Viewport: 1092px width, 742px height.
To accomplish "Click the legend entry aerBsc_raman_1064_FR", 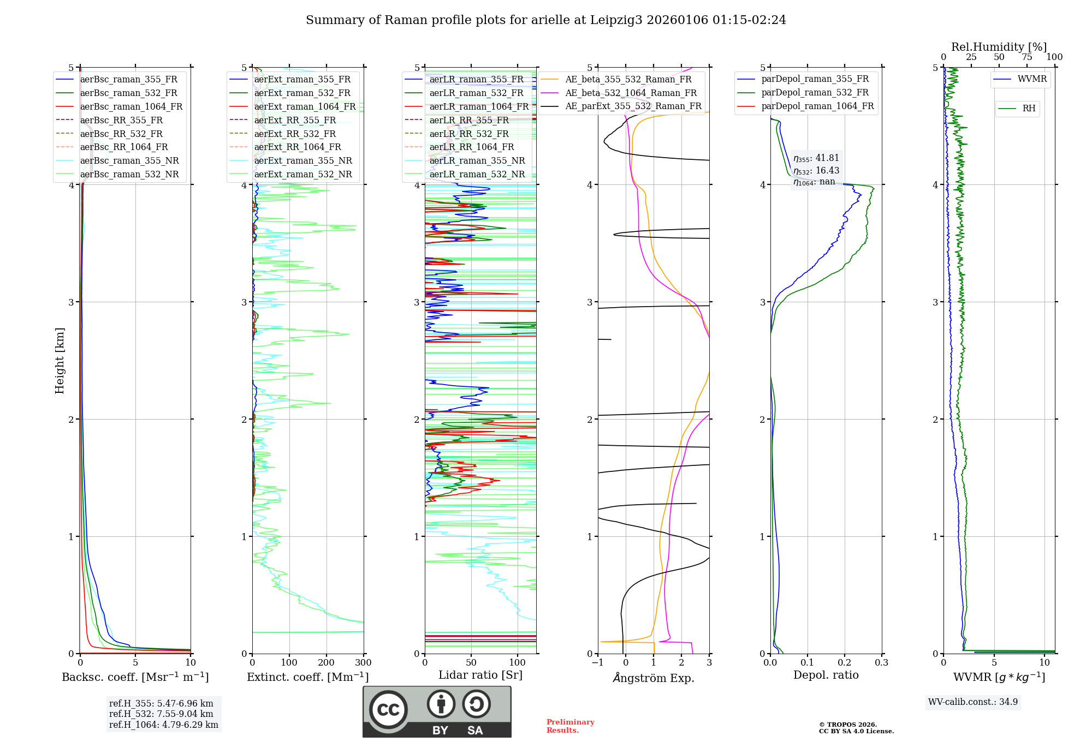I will pyautogui.click(x=131, y=106).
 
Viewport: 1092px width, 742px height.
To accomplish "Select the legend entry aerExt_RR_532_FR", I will pyautogui.click(x=295, y=134).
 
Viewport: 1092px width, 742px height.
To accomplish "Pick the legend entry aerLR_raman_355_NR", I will pyautogui.click(x=477, y=160).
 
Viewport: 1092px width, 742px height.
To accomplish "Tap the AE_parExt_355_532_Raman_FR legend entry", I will pyautogui.click(x=633, y=106).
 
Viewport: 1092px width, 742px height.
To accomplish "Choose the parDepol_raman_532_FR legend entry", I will pyautogui.click(x=815, y=93).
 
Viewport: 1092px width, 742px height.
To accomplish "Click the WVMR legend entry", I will pyautogui.click(x=1032, y=79).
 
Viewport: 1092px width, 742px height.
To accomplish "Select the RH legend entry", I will pyautogui.click(x=1029, y=109).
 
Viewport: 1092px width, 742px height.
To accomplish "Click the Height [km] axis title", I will pyautogui.click(x=60, y=361).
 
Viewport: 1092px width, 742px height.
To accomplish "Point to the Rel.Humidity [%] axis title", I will pyautogui.click(x=999, y=47).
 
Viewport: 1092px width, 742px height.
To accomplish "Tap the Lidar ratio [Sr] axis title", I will pyautogui.click(x=480, y=675).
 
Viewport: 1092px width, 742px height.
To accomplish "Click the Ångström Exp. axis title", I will pyautogui.click(x=654, y=678).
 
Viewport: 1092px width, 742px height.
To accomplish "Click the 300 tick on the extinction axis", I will pyautogui.click(x=364, y=663).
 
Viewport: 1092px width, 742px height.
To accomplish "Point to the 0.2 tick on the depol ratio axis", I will pyautogui.click(x=845, y=663).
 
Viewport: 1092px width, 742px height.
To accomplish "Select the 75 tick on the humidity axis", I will pyautogui.click(x=1027, y=57).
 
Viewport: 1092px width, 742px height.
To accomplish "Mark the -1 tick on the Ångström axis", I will pyautogui.click(x=598, y=663).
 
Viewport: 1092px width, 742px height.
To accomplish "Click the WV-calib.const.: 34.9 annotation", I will pyautogui.click(x=973, y=702).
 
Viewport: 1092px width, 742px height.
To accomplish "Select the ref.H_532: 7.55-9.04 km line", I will pyautogui.click(x=161, y=714).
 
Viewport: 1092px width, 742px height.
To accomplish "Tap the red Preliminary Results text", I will pyautogui.click(x=570, y=726).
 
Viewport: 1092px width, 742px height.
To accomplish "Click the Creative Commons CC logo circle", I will pyautogui.click(x=389, y=709).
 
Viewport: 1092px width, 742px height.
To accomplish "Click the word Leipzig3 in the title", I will pyautogui.click(x=616, y=20).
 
